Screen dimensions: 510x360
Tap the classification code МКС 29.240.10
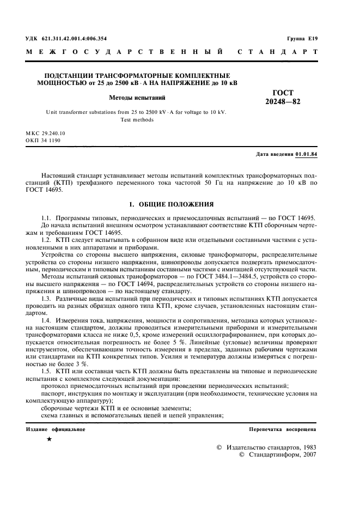pos(46,133)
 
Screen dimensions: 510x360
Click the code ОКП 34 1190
pos(43,140)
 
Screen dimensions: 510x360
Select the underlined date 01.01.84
pos(307,154)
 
